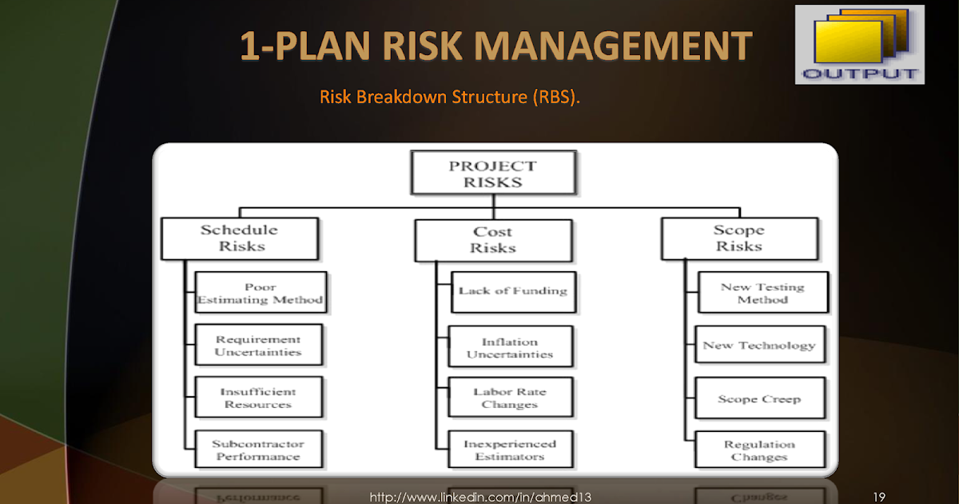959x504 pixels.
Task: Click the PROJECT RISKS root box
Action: [492, 174]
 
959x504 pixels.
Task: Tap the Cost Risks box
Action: [493, 240]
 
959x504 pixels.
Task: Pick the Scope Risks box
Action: [738, 238]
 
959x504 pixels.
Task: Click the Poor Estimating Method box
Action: [260, 293]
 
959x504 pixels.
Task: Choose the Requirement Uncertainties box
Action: [258, 346]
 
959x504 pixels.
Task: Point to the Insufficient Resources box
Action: [258, 398]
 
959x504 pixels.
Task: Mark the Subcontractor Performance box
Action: [258, 450]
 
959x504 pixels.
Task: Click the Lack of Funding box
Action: [511, 290]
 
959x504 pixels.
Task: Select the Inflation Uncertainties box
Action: [510, 348]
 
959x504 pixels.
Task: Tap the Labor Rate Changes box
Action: [510, 398]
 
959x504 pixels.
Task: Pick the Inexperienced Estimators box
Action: [510, 450]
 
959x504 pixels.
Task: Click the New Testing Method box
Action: [762, 293]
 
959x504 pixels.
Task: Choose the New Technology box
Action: [758, 346]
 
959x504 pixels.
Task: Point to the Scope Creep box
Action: [758, 398]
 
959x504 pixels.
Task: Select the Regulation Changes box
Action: [758, 450]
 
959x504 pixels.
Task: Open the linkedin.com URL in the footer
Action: [479, 497]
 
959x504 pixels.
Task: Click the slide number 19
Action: [879, 497]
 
